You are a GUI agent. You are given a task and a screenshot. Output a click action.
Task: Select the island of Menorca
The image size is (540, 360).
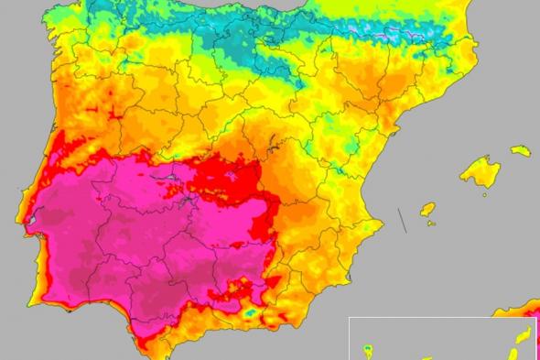[x=521, y=149]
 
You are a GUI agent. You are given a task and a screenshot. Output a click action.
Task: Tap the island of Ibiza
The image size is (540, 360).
[x=427, y=210]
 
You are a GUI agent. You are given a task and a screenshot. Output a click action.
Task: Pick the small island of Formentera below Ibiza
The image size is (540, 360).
[x=431, y=223]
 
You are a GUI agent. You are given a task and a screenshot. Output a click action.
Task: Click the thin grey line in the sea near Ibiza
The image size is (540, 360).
[x=402, y=220]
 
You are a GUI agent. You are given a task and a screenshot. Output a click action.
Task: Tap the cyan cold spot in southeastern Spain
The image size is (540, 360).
[x=250, y=312]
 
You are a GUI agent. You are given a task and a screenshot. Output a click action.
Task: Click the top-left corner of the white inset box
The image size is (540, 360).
[x=350, y=318]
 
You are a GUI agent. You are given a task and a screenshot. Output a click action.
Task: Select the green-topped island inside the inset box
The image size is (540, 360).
[x=368, y=349]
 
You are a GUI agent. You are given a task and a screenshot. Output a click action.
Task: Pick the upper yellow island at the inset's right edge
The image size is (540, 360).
[x=524, y=335]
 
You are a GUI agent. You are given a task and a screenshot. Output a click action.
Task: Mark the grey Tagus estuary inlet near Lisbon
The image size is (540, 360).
[x=28, y=223]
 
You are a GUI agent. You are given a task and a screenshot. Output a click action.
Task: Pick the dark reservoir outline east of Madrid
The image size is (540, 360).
[x=272, y=142]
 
